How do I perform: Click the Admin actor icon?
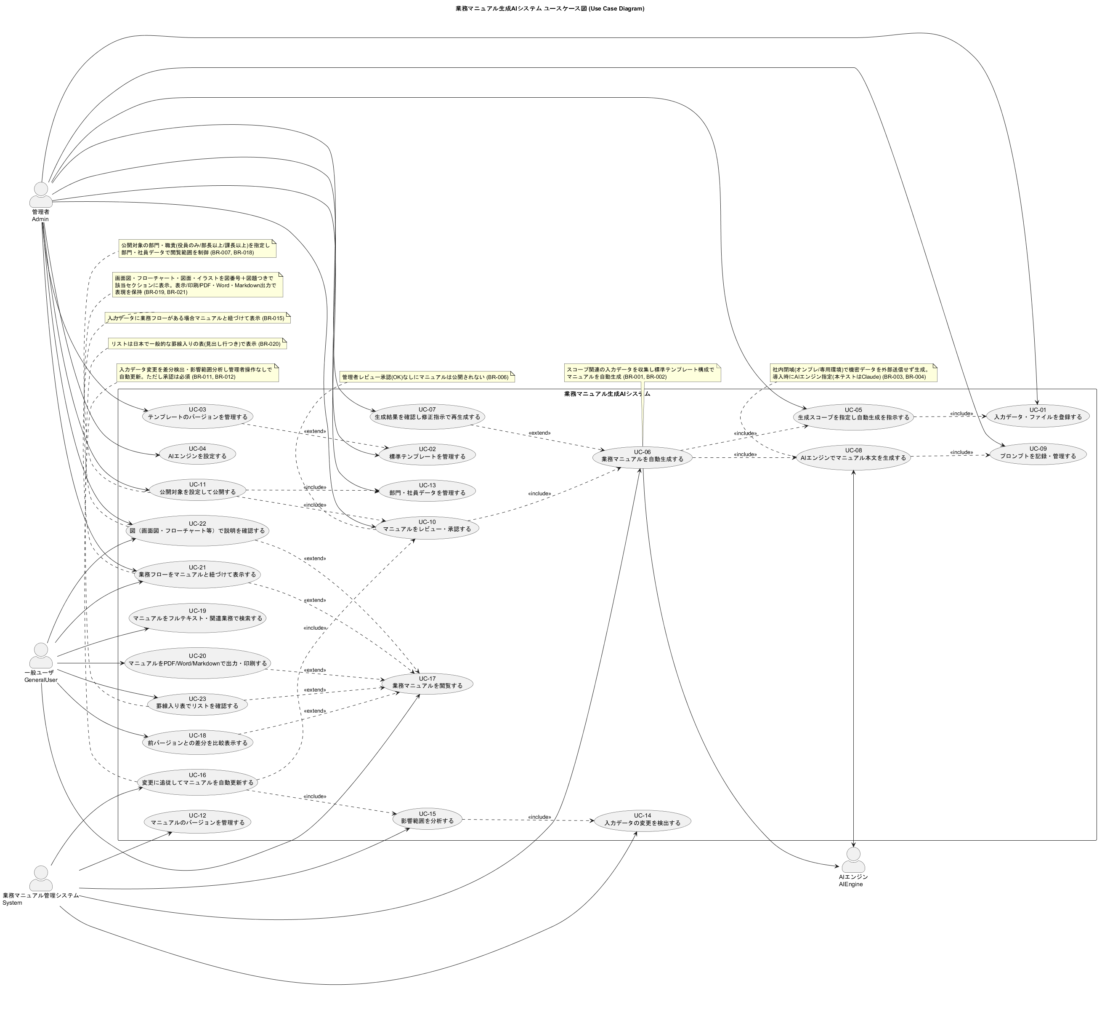41,195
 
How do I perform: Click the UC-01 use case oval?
1038,414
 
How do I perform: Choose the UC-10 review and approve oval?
427,526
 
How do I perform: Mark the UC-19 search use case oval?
197,615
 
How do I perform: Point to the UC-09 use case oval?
1038,453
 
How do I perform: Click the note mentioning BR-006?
427,377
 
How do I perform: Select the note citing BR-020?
198,344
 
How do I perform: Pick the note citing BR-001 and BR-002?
643,373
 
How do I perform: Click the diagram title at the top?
550,8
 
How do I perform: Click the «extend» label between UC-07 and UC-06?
539,433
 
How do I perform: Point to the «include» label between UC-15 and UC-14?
539,817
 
